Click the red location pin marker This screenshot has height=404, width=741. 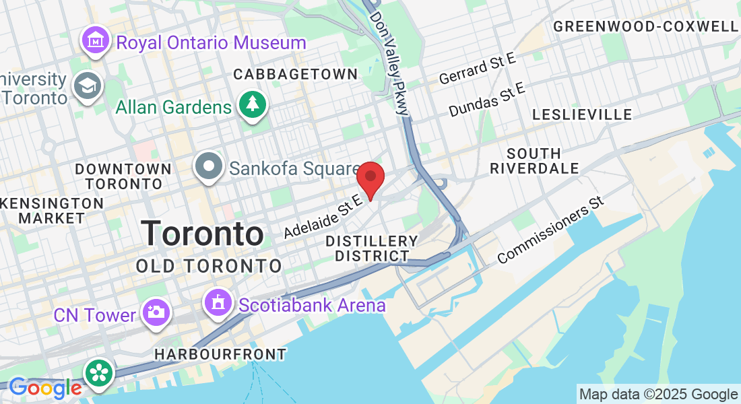tap(370, 178)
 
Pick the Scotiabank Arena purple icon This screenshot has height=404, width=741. tap(219, 302)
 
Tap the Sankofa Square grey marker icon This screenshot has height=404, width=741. tap(209, 166)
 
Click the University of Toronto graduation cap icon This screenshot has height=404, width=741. tap(88, 86)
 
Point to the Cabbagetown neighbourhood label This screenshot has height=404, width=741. tap(296, 74)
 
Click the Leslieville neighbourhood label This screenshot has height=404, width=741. tap(582, 114)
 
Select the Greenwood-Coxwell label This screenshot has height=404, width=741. tap(645, 26)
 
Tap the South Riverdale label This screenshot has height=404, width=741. tap(534, 160)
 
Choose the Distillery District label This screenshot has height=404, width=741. tap(372, 248)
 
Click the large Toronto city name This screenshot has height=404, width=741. tap(202, 234)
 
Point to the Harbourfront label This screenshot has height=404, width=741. tap(220, 353)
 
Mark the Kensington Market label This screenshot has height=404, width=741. tap(52, 210)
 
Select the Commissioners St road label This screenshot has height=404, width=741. tap(549, 230)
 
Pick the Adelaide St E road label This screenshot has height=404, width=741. tap(323, 214)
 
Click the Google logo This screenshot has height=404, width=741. tap(45, 388)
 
